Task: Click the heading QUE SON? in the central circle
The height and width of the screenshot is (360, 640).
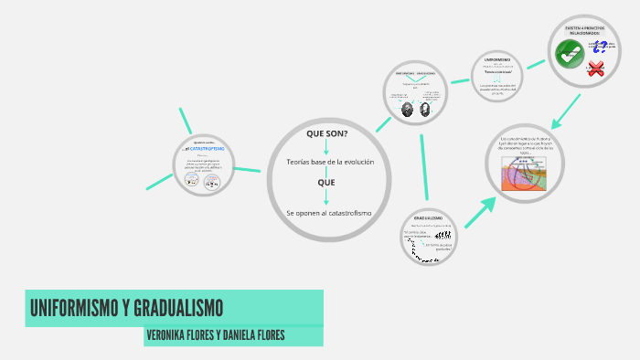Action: (326, 133)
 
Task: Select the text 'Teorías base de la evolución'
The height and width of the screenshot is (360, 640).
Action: (325, 162)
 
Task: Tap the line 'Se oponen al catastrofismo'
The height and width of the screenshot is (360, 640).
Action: (328, 213)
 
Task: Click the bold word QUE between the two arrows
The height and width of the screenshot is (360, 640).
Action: (326, 182)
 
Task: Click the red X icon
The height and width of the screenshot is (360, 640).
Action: (597, 69)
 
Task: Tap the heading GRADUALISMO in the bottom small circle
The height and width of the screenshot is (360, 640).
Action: (428, 219)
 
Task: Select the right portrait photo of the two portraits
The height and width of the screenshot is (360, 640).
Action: (425, 107)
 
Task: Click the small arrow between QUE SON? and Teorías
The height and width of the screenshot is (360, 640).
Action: (326, 146)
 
